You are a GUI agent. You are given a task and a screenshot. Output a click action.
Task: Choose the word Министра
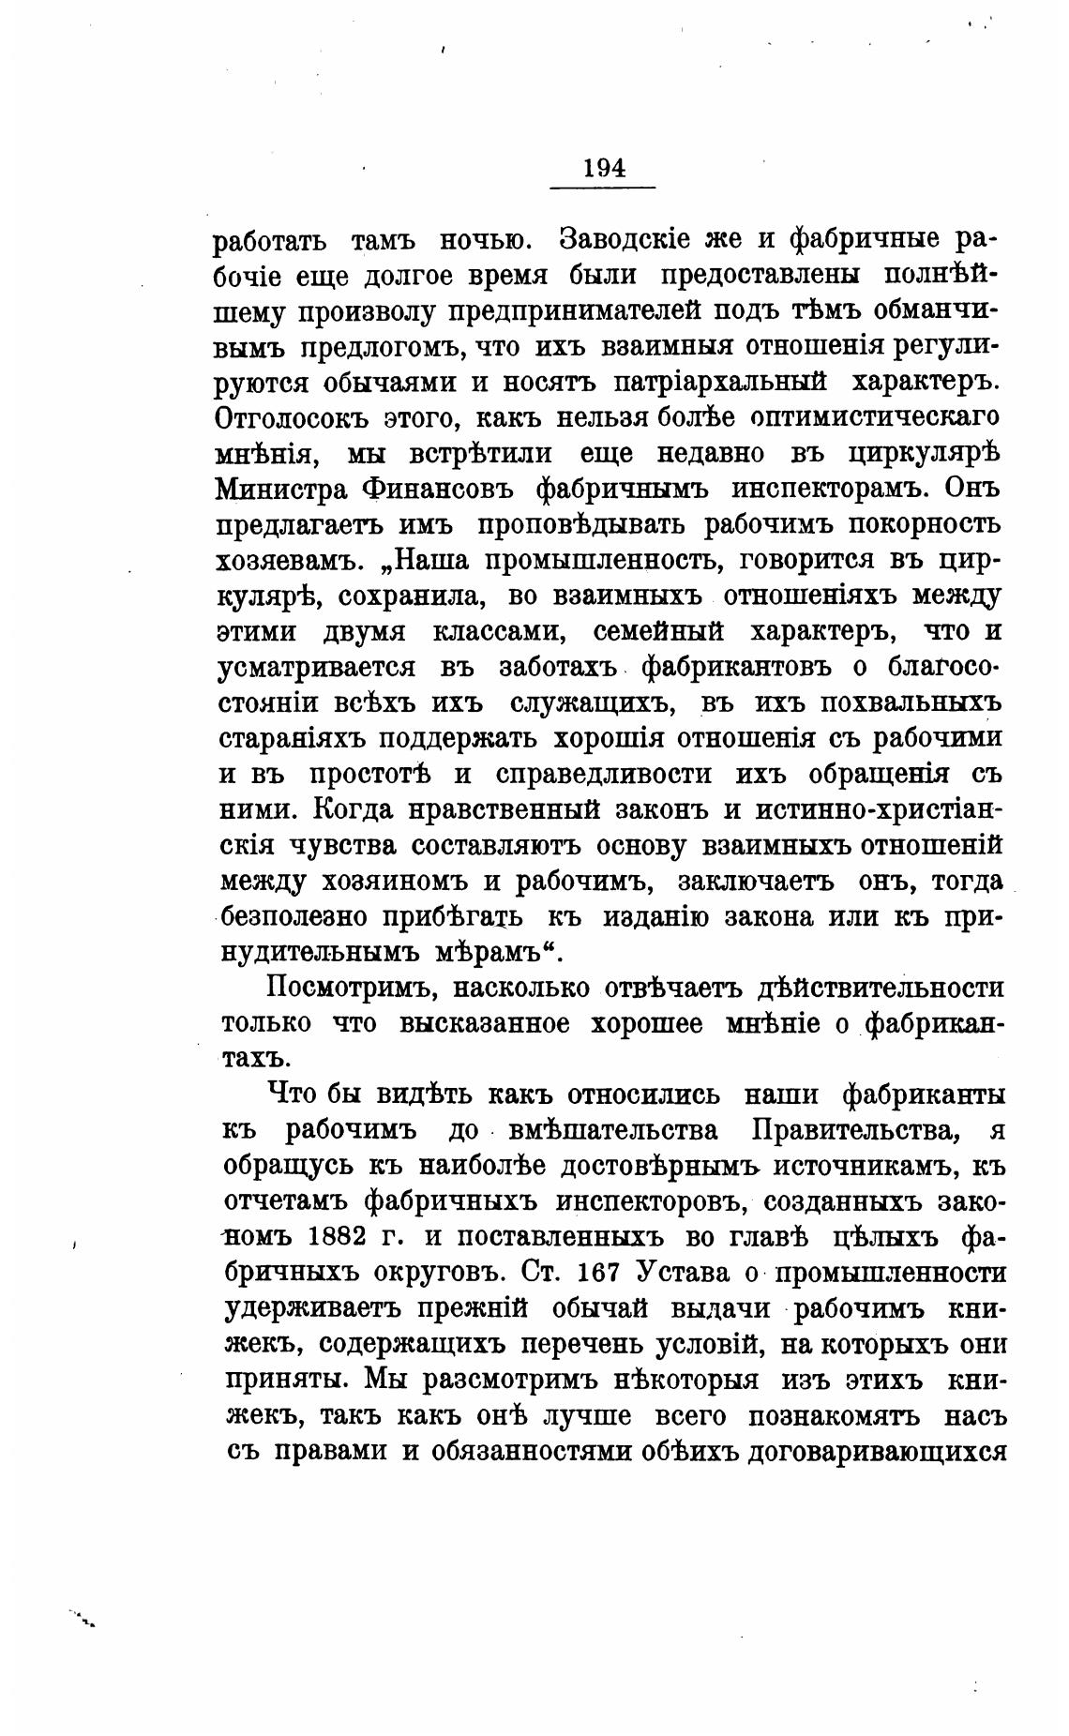click(278, 489)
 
